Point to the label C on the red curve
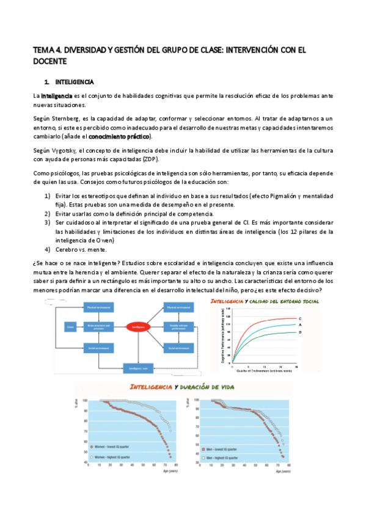(x=300, y=318)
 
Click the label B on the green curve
(x=300, y=332)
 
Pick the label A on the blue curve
(x=300, y=325)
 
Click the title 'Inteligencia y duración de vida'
(x=183, y=387)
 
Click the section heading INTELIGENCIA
(x=74, y=81)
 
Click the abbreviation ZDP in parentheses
(x=150, y=159)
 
